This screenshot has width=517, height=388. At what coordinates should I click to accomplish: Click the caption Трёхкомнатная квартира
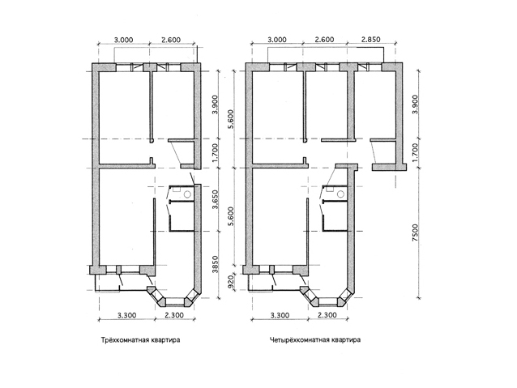140,340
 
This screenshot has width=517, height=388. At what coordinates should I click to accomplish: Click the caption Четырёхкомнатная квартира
315,340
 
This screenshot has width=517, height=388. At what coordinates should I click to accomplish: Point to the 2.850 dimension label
370,40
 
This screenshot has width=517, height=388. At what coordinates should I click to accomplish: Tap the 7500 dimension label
415,232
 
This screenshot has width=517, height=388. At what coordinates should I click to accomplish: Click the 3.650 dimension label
216,199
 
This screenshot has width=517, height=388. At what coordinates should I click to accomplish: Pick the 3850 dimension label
216,264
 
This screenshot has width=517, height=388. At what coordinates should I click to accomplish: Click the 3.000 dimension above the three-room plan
124,40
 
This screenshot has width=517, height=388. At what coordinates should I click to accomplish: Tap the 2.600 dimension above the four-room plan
324,40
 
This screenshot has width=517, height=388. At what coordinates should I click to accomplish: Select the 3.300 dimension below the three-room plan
127,315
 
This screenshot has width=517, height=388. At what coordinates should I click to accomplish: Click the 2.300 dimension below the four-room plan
327,315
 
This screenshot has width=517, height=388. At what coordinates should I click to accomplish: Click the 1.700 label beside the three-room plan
216,152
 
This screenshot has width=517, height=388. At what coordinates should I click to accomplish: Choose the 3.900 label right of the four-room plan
415,104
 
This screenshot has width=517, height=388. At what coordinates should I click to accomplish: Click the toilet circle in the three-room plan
188,194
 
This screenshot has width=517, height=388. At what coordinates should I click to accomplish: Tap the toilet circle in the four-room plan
341,194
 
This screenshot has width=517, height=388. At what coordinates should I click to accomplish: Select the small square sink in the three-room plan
177,190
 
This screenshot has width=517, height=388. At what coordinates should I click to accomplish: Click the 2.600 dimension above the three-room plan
171,40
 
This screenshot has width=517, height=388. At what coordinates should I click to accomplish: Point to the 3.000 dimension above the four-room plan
276,40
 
